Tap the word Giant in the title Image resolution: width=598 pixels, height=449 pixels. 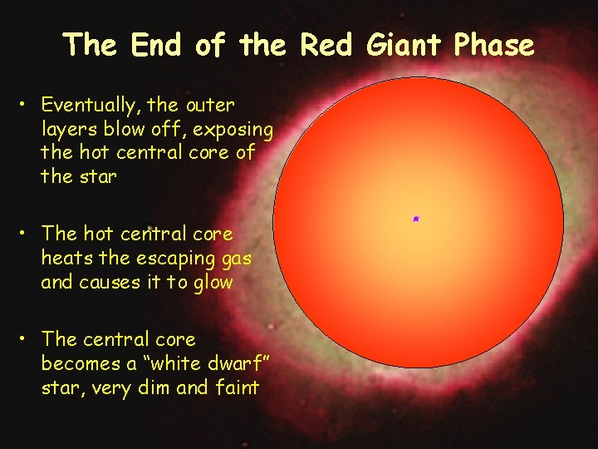point(406,45)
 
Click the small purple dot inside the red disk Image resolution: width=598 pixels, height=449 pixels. point(415,219)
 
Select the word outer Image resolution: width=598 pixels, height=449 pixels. point(211,106)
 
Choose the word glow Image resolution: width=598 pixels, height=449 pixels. point(214,282)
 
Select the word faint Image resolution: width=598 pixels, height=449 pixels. point(237,387)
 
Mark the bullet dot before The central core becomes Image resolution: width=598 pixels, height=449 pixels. point(27,339)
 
